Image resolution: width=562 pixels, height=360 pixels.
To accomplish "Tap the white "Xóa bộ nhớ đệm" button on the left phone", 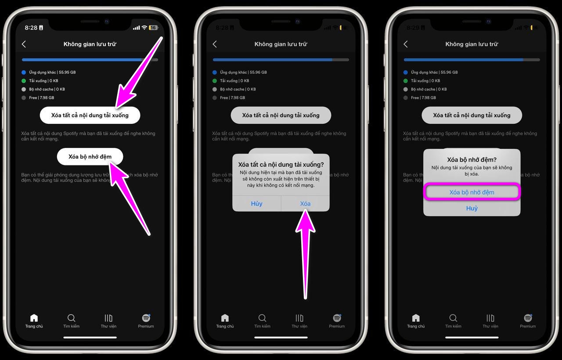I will pos(90,156).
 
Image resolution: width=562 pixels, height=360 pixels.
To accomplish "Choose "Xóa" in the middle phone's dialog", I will pos(305,204).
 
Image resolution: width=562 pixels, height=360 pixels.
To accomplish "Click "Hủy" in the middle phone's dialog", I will pos(256,204).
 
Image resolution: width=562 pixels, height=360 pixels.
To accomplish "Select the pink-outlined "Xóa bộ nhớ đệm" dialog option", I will pos(472,192).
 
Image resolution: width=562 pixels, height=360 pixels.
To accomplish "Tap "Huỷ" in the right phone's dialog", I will pos(472,208).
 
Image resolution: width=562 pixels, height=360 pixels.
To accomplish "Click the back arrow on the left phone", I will pos(24,44).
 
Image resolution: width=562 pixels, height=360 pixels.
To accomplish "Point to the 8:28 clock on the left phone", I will pos(31,27).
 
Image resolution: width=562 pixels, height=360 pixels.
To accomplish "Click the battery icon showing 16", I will pos(153,27).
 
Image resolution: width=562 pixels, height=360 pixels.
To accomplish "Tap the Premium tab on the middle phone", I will pos(337,320).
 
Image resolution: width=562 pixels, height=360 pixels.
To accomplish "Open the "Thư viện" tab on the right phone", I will pos(490,320).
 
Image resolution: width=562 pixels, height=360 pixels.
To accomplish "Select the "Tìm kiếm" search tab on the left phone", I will pos(71,320).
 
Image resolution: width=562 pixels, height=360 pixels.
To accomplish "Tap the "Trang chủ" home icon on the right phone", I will pos(416,320).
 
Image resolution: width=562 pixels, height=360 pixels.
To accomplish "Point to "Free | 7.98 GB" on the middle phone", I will pos(239,97).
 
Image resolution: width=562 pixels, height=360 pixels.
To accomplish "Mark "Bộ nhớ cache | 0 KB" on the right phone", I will pos(429,89).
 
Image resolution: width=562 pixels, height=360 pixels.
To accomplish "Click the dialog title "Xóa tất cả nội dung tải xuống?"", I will pos(281,165).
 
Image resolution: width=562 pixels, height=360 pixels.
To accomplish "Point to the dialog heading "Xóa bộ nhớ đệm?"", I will pos(472,160).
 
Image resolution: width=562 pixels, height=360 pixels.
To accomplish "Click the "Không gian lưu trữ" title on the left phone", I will pos(90,44).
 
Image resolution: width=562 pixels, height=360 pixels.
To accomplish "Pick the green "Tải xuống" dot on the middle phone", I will pos(215,81).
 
